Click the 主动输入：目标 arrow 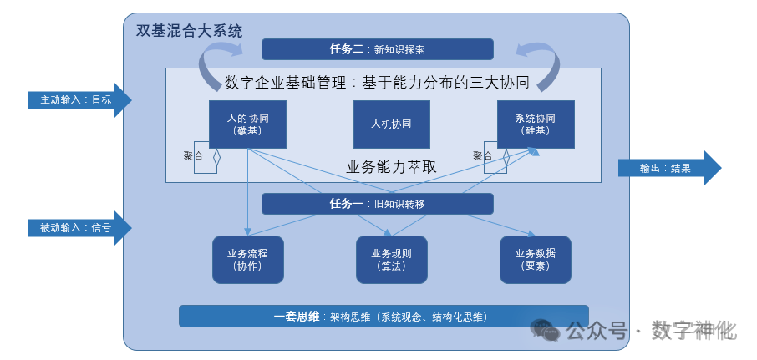coord(79,99)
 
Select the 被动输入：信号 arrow coord(79,227)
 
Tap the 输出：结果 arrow coord(668,168)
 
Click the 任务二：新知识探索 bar coord(378,49)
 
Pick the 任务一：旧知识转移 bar coord(378,204)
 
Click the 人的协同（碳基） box coord(247,124)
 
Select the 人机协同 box coord(391,124)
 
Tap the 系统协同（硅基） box coord(535,124)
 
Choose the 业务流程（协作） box coord(247,259)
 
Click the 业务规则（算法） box coord(391,259)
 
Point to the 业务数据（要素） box coord(535,259)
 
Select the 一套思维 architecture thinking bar coord(383,317)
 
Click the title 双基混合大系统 coord(189,31)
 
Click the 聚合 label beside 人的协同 coord(193,155)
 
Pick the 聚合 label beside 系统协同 coord(482,155)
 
